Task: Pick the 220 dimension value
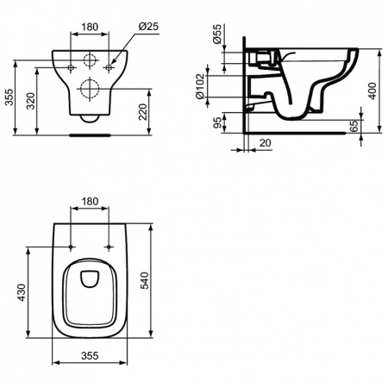coord(152,110)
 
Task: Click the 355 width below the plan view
coord(90,355)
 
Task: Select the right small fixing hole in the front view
coord(109,65)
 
